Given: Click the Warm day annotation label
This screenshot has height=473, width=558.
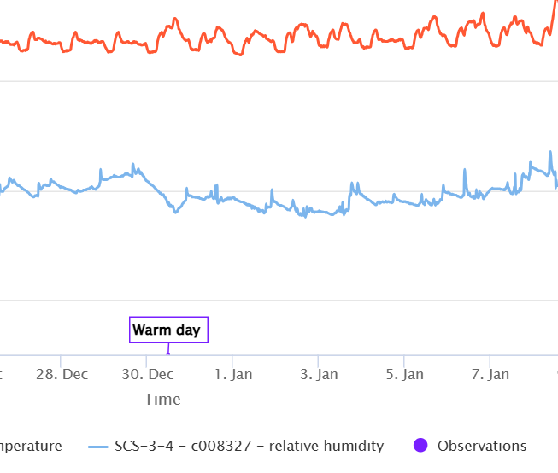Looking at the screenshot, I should tap(168, 330).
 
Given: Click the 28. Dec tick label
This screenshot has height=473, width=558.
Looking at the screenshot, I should tap(62, 374).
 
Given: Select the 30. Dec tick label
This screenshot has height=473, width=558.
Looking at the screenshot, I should tap(147, 374).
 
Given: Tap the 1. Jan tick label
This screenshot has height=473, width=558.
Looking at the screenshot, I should tap(233, 374).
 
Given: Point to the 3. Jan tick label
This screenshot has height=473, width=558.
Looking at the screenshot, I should tap(319, 374).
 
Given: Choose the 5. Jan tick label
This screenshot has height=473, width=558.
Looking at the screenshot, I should tap(404, 374).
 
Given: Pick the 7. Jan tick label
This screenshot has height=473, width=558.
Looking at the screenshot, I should tap(490, 374).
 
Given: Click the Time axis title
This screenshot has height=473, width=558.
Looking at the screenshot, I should tap(162, 399).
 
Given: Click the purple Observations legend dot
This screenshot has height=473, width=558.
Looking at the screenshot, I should tap(419, 446).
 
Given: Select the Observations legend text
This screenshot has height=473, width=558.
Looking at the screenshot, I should tap(482, 446).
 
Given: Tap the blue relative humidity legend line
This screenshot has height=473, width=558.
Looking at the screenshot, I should tap(99, 446).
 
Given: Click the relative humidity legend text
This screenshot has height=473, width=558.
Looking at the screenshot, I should tap(249, 446).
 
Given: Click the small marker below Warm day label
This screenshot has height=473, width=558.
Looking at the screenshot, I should tap(168, 352).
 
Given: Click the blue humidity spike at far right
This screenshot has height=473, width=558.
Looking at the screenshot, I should tap(550, 154).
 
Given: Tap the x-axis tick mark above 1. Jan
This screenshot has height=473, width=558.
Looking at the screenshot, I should tap(232, 359).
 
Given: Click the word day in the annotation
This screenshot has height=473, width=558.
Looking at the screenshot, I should tap(188, 330).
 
